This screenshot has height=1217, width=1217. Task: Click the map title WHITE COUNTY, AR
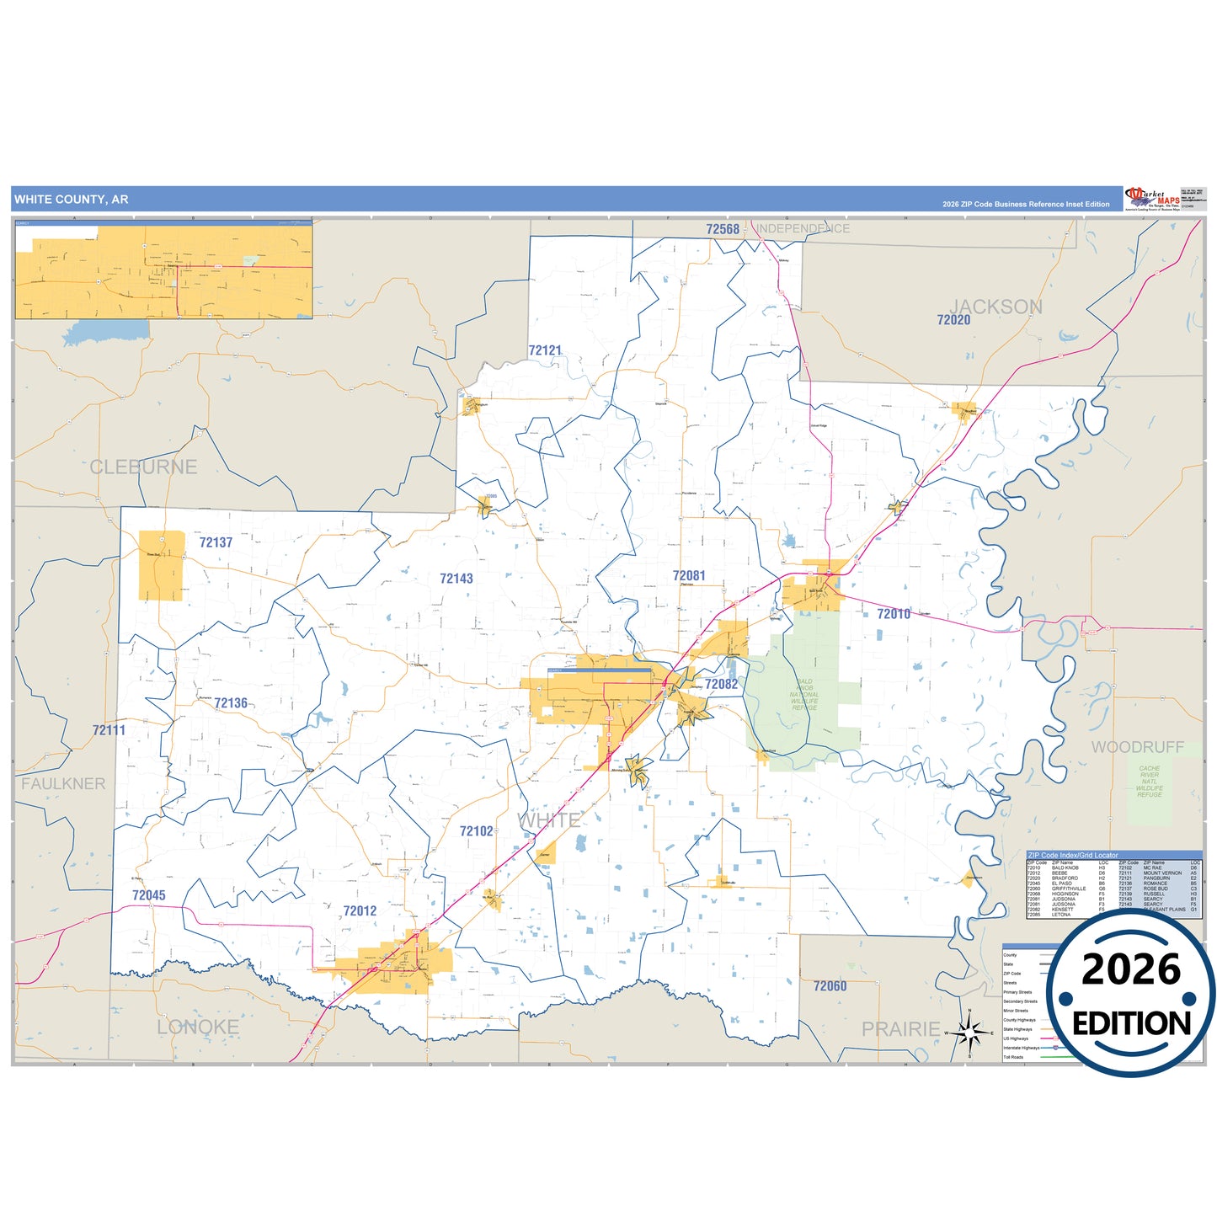pyautogui.click(x=72, y=200)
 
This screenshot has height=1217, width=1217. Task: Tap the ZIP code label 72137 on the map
pyautogui.click(x=216, y=542)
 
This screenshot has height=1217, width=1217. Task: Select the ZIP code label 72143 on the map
pyautogui.click(x=456, y=579)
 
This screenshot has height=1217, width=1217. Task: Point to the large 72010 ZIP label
pyautogui.click(x=894, y=614)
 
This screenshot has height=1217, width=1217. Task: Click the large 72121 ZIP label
pyautogui.click(x=545, y=350)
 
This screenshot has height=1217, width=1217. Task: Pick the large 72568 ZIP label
pyautogui.click(x=723, y=229)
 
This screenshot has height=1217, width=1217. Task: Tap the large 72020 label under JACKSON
pyautogui.click(x=953, y=320)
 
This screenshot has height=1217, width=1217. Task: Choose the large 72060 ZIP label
pyautogui.click(x=830, y=985)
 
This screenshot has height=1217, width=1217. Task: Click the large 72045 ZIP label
pyautogui.click(x=149, y=895)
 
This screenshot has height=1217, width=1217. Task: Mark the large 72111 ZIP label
pyautogui.click(x=109, y=730)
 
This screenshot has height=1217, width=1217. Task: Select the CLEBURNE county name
pyautogui.click(x=143, y=467)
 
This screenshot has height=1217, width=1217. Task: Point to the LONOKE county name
pyautogui.click(x=198, y=1028)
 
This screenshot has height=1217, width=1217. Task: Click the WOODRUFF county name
pyautogui.click(x=1138, y=747)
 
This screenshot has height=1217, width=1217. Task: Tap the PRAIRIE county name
pyautogui.click(x=900, y=1029)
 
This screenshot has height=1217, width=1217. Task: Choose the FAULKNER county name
pyautogui.click(x=63, y=784)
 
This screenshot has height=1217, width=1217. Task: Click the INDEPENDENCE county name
pyautogui.click(x=803, y=229)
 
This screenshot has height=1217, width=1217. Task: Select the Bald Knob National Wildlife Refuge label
pyautogui.click(x=804, y=695)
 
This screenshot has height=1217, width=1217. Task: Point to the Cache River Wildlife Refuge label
pyautogui.click(x=1150, y=782)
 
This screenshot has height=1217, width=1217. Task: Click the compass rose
pyautogui.click(x=969, y=1032)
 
